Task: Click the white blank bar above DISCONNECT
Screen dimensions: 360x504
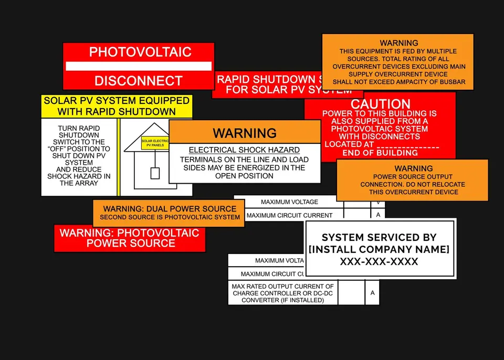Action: (x=139, y=66)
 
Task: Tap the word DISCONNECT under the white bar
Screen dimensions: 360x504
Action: (x=139, y=81)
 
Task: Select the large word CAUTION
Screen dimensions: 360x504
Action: (x=380, y=104)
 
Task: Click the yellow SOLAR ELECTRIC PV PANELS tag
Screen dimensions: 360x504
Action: (x=155, y=142)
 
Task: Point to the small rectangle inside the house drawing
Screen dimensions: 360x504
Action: (x=155, y=173)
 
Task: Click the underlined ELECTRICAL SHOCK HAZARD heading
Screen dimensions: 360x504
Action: (x=244, y=150)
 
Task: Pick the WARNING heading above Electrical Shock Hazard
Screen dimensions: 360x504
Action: (x=244, y=132)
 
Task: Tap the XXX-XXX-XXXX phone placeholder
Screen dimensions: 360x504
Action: (x=379, y=261)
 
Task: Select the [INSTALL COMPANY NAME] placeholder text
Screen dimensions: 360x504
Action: (x=379, y=249)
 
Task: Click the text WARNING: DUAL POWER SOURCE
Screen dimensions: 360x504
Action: (x=170, y=208)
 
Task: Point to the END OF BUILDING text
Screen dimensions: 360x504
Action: (x=380, y=153)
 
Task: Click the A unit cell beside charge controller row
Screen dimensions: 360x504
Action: (x=372, y=293)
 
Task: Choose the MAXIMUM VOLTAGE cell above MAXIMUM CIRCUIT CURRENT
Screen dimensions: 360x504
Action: (x=289, y=202)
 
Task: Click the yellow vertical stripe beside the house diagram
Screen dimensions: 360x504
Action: (x=119, y=157)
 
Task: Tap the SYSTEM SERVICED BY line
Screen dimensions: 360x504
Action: (x=379, y=237)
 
